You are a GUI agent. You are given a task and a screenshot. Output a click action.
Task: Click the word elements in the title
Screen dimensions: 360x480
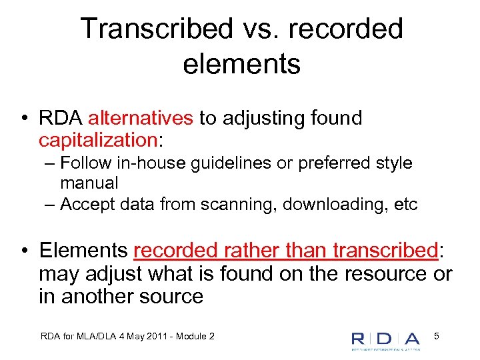click(x=241, y=65)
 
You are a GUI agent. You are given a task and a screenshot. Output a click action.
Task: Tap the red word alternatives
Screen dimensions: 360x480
click(x=141, y=119)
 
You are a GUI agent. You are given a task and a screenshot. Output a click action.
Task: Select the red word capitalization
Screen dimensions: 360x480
click(x=97, y=140)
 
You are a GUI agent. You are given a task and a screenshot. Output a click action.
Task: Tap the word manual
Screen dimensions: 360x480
click(x=89, y=183)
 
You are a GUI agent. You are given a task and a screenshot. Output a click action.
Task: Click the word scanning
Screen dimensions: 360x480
click(x=241, y=204)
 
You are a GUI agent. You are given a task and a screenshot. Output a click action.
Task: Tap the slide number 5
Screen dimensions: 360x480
click(x=436, y=337)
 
